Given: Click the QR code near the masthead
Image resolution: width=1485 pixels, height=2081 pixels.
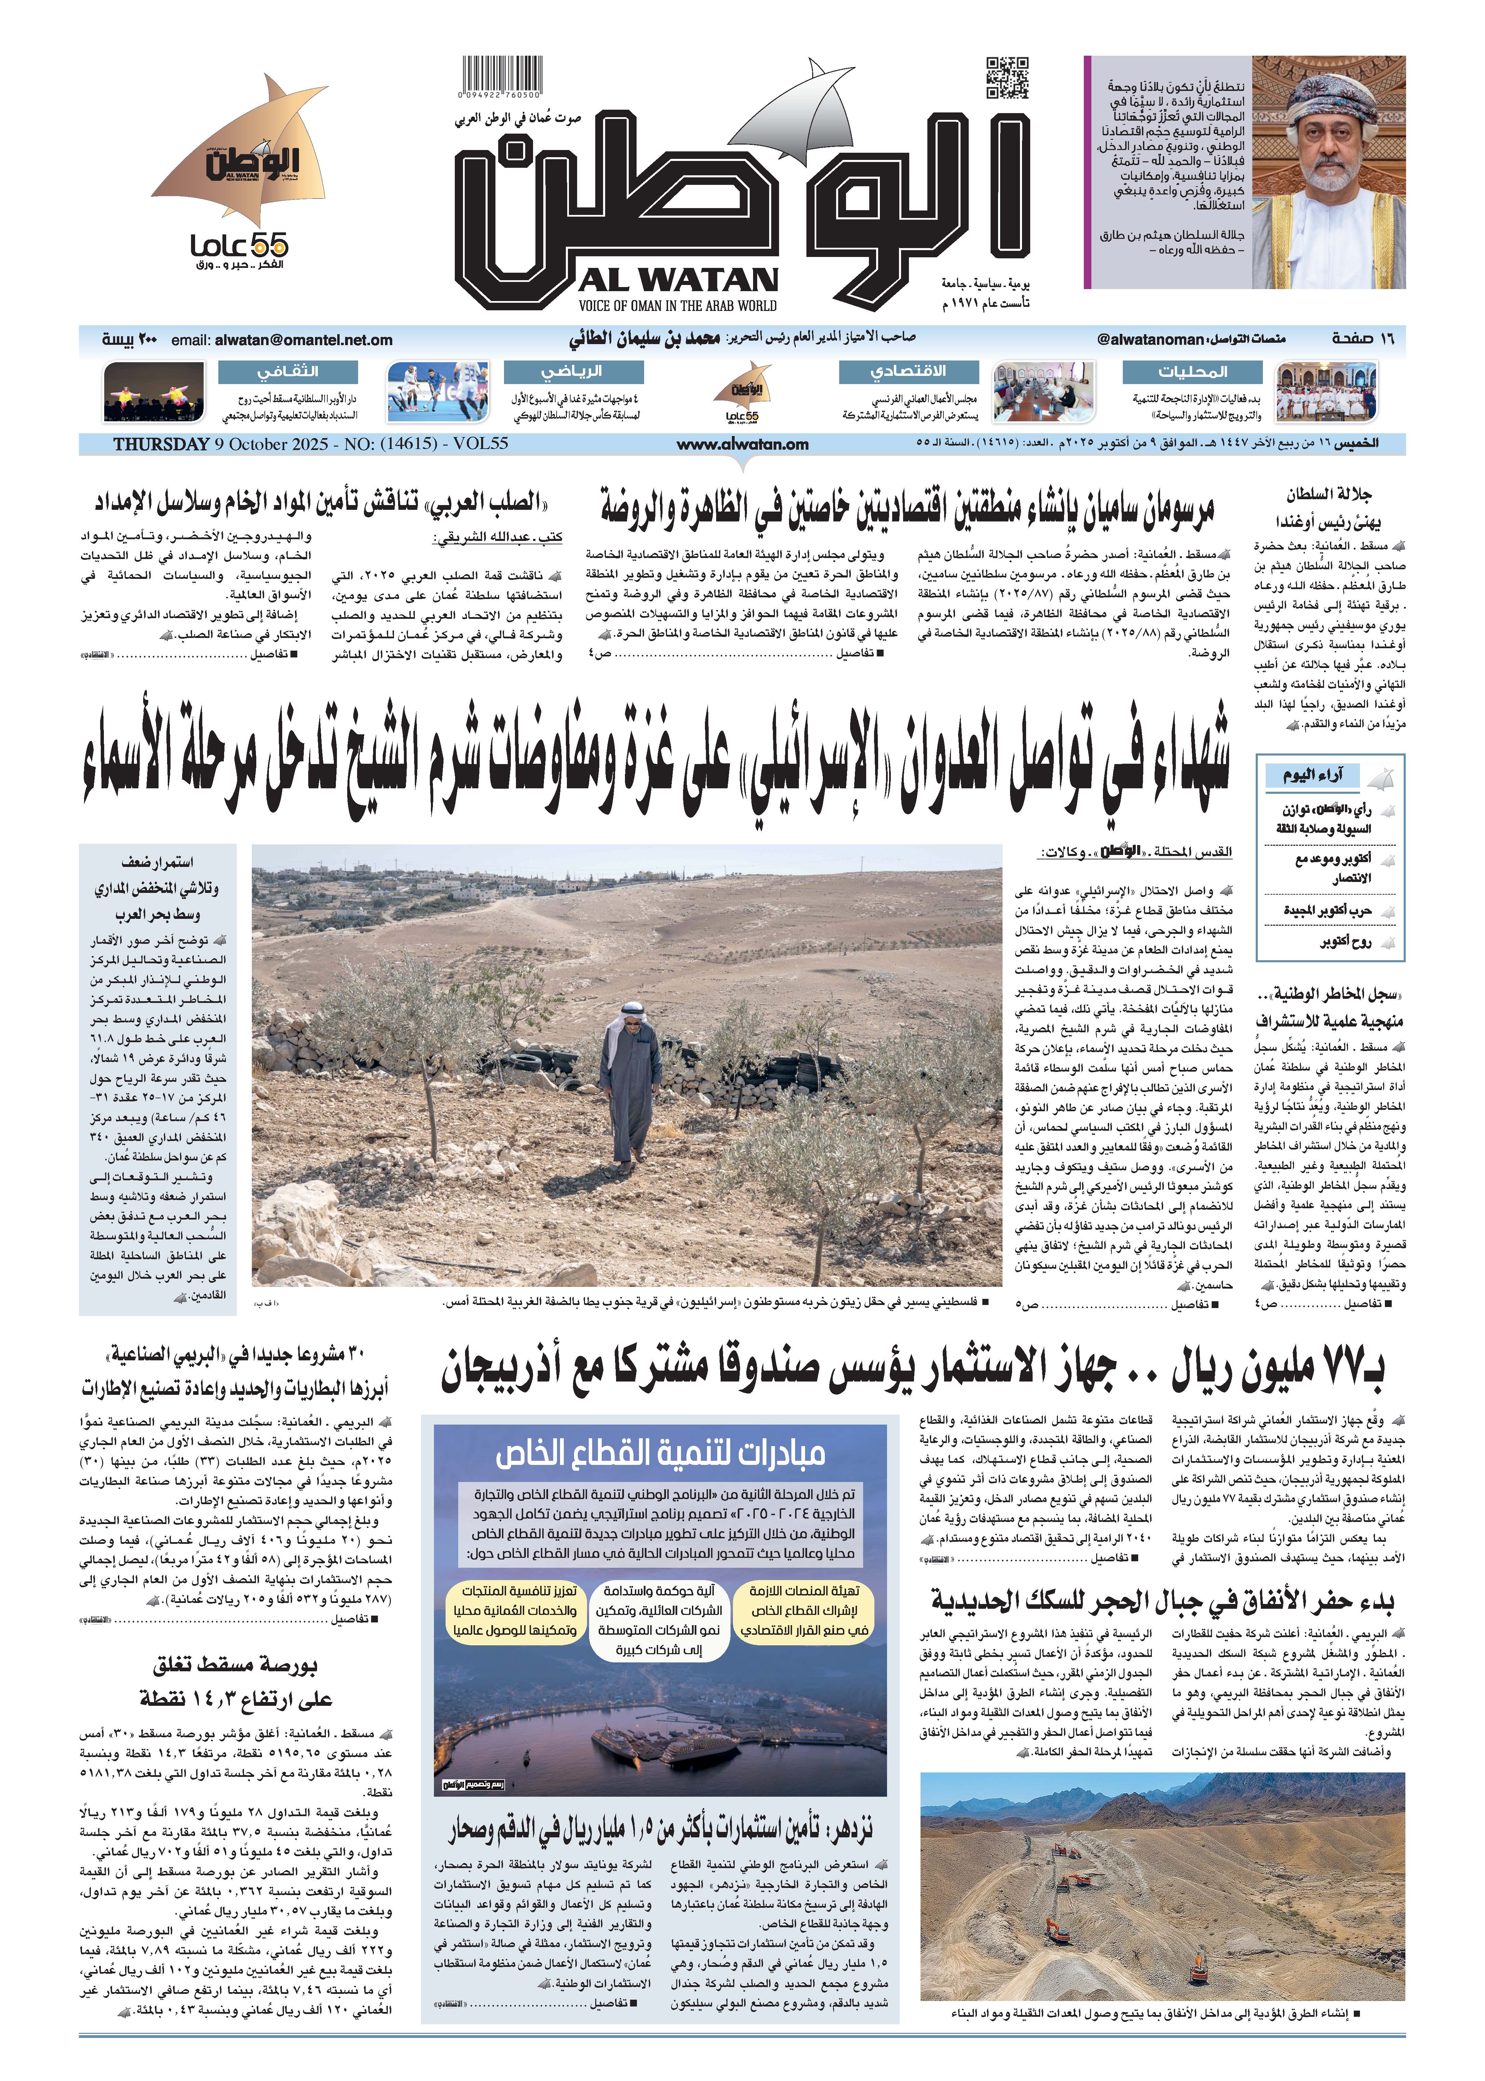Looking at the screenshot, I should (1007, 78).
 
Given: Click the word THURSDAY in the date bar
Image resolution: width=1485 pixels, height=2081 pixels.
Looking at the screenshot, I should (161, 444).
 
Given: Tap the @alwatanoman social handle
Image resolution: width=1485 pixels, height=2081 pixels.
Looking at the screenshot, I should (1149, 340).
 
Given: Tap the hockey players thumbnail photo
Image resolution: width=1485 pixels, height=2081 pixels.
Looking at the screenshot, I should (436, 391).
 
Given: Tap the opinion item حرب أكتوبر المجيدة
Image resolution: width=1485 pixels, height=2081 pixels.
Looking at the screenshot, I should (1327, 911).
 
